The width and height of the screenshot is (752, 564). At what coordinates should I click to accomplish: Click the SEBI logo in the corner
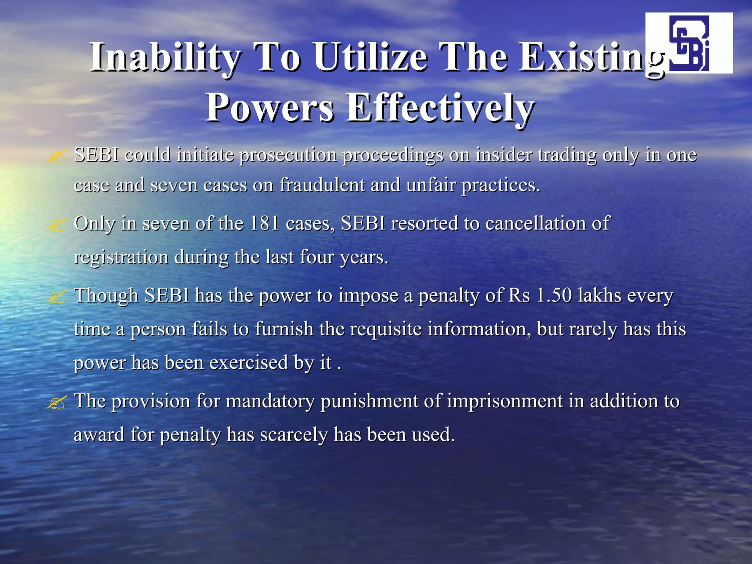pos(689,43)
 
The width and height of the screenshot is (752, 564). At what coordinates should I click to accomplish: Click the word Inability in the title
pos(166,57)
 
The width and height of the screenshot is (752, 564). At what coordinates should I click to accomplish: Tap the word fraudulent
pos(322,185)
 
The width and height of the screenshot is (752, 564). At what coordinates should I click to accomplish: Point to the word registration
pos(121,257)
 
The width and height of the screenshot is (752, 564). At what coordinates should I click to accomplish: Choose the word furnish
pos(284,329)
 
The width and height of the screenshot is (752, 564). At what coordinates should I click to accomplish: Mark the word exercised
pos(249,362)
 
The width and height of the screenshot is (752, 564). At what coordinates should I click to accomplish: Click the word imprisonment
pos(505,401)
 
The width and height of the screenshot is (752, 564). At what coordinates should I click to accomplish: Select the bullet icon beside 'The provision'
pos(57,402)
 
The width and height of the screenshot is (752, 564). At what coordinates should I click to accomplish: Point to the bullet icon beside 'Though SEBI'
pos(57,297)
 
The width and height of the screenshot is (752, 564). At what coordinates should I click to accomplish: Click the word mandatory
pos(270,401)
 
